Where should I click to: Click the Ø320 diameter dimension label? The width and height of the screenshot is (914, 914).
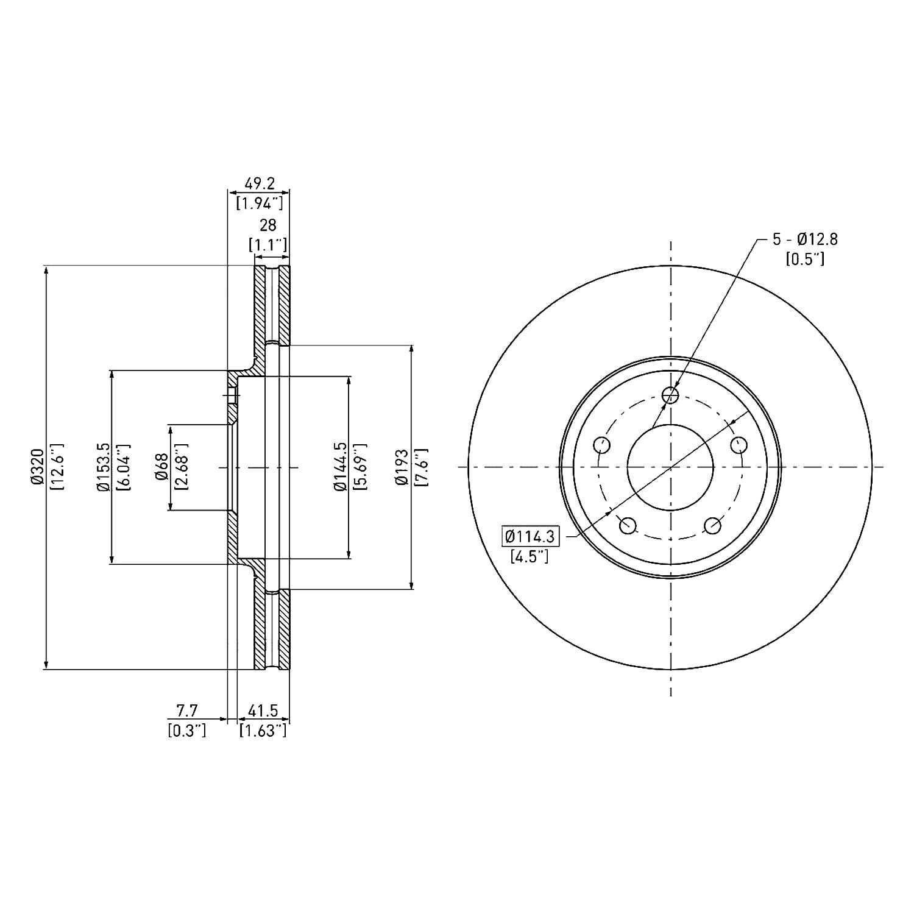pyautogui.click(x=38, y=467)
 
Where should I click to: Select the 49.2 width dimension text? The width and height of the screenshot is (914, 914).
pyautogui.click(x=260, y=183)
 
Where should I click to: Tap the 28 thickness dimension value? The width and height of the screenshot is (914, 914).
pyautogui.click(x=268, y=225)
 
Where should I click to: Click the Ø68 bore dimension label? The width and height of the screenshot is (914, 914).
pyautogui.click(x=161, y=467)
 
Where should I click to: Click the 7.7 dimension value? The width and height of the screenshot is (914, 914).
pyautogui.click(x=187, y=710)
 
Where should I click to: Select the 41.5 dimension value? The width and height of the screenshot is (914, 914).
pyautogui.click(x=263, y=710)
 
